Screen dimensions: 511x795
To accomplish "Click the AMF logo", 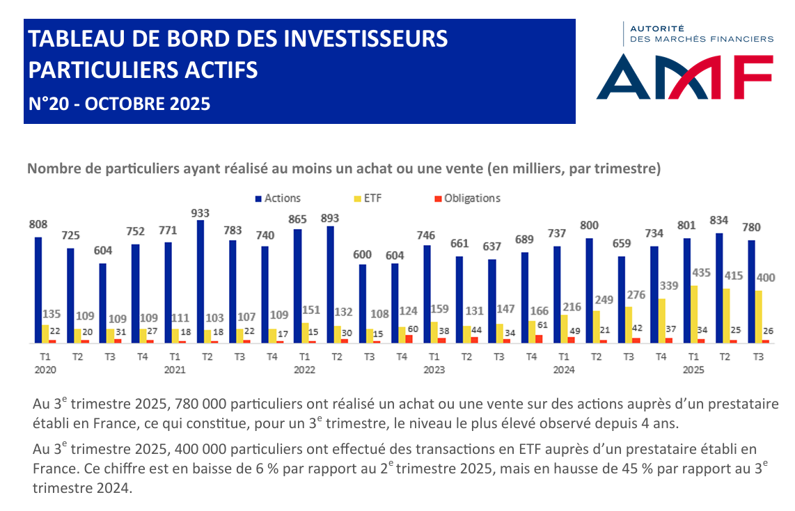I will pyautogui.click(x=684, y=77).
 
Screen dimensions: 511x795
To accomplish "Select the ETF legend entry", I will pyautogui.click(x=371, y=198).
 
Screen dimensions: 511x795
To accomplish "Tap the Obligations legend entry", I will pyautogui.click(x=472, y=198).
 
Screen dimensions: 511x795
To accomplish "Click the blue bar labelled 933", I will pyautogui.click(x=201, y=281).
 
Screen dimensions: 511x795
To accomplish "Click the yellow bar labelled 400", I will pyautogui.click(x=759, y=317).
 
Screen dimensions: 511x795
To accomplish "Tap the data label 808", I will pyautogui.click(x=38, y=225).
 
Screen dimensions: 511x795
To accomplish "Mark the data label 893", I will pyautogui.click(x=330, y=218).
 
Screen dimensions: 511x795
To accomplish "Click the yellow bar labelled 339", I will pyautogui.click(x=661, y=321).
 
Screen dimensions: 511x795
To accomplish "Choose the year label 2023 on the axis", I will pyautogui.click(x=434, y=370).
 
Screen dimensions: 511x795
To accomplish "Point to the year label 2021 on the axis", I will pyautogui.click(x=175, y=370).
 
